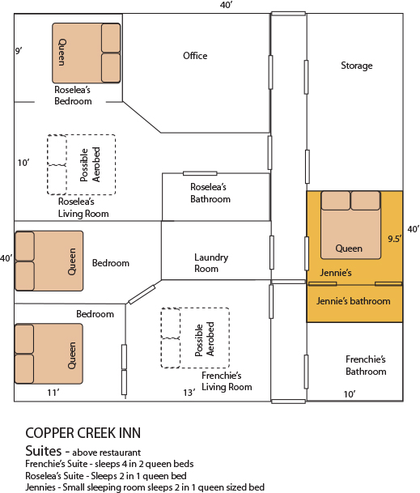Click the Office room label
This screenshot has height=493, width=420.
195,56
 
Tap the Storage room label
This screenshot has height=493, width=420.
357,66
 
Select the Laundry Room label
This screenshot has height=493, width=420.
211,263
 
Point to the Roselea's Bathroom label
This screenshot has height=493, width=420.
210,193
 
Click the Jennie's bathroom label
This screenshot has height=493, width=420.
353,301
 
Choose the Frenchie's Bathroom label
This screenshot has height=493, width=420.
366,365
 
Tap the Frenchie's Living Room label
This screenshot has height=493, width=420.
227,381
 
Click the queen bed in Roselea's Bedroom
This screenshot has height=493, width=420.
86,53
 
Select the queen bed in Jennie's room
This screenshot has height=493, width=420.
350,225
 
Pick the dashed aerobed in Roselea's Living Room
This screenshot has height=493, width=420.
82,164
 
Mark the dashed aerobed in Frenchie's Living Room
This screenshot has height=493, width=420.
195,338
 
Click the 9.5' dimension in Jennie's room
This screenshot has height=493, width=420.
395,239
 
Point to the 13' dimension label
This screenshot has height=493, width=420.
189,393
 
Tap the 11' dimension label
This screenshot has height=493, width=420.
53,393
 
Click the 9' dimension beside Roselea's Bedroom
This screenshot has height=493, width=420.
19,51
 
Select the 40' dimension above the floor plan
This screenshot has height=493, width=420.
227,5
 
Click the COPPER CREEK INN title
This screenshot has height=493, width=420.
83,433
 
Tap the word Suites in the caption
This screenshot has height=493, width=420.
44,451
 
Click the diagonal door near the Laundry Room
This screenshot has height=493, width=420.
142,295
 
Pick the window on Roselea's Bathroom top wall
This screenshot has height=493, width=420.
200,173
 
